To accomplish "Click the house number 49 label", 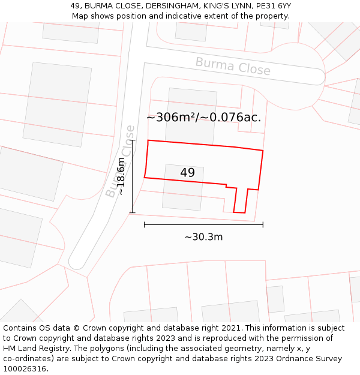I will pos(187,173).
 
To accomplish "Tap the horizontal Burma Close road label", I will pos(233,65).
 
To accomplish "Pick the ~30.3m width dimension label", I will pos(203,237).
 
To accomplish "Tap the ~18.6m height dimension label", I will pos(121,176).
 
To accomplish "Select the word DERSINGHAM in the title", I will pos(154,6).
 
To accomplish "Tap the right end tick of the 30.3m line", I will pos(263,224).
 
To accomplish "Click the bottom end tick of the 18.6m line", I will pos(132,212).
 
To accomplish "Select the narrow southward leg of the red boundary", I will pos(240,201).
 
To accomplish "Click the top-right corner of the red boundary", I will pos(263,150).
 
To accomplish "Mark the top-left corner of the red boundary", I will pos(148,140).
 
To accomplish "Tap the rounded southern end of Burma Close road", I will pos(77,263).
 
